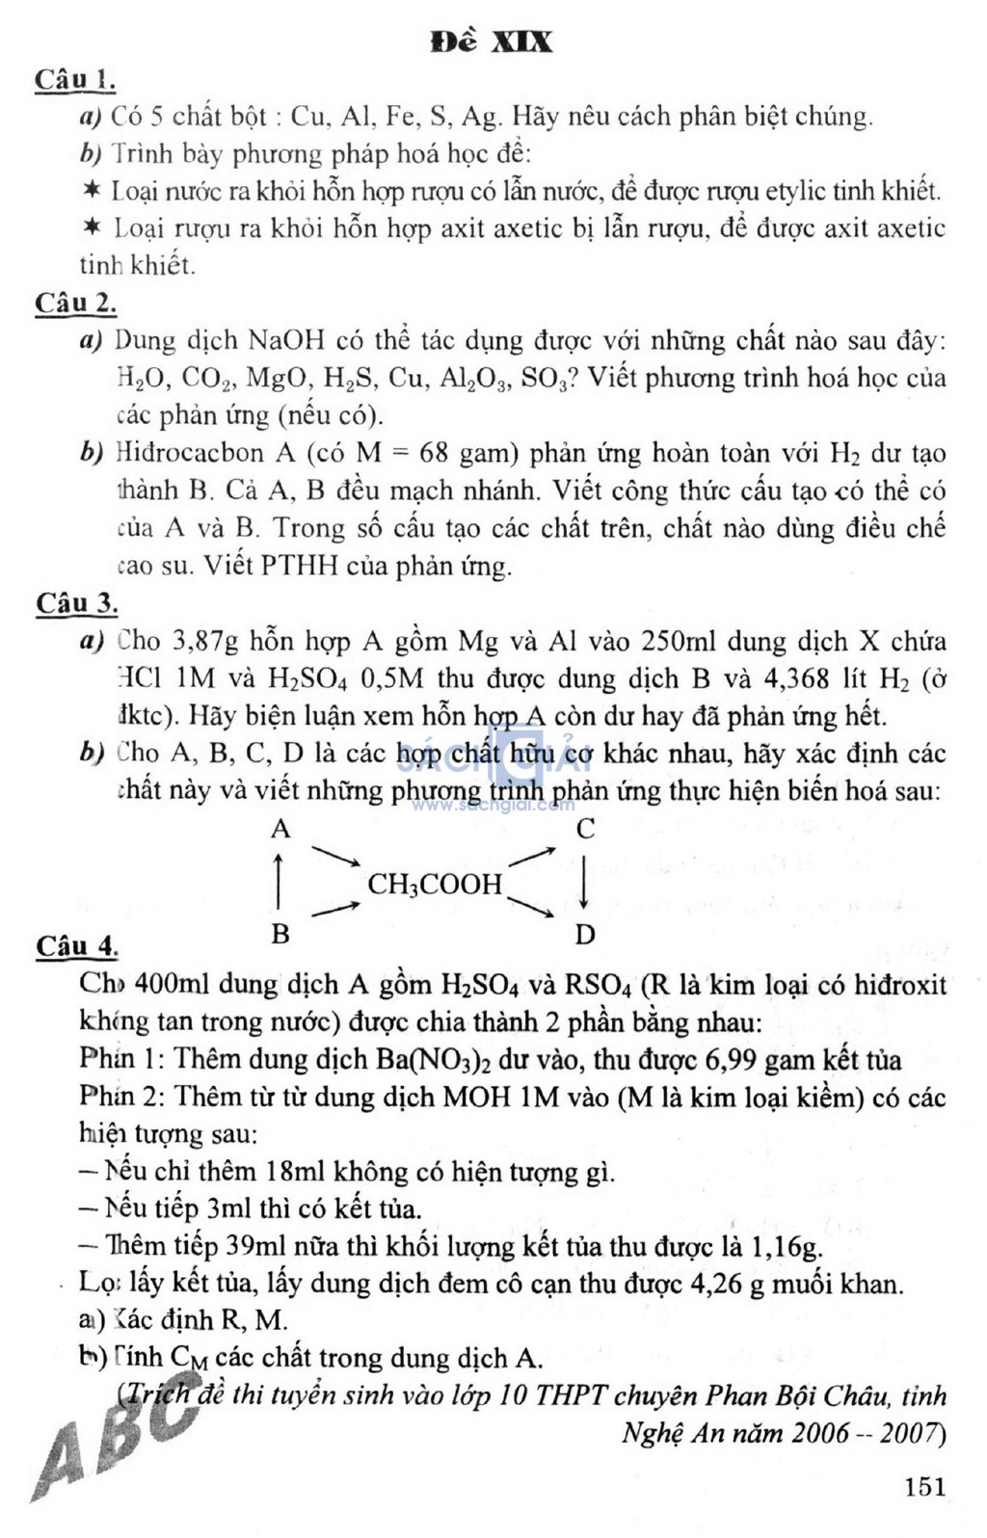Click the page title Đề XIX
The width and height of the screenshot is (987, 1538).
point(492,42)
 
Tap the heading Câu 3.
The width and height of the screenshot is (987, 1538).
point(76,604)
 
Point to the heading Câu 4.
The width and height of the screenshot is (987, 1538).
point(76,946)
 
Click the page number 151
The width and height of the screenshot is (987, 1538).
point(925,1486)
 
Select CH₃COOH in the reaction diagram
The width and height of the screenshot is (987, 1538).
point(436,885)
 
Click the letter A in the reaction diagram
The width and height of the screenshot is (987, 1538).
point(280,830)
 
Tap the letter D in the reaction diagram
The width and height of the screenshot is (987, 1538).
point(585,935)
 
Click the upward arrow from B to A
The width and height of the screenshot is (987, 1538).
point(279,883)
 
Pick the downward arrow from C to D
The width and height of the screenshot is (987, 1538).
point(584,883)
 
